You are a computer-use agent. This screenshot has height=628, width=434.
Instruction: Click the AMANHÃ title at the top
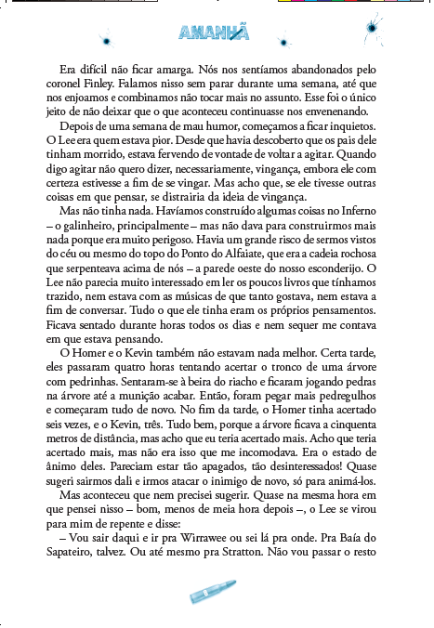point(214,34)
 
